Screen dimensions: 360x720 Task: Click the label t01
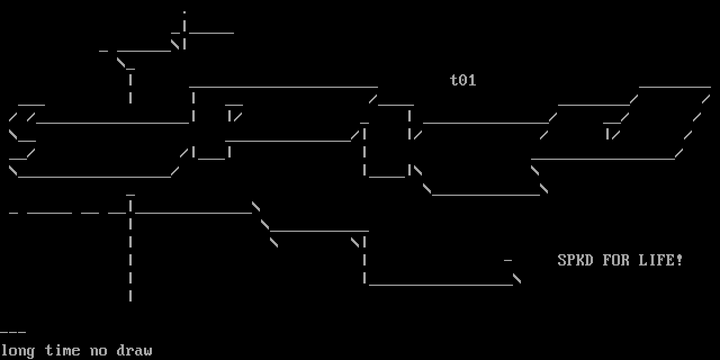coord(463,80)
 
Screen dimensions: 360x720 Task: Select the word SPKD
coord(575,260)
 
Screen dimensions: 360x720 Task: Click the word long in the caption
coord(17,351)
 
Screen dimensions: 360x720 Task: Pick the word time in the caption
coord(62,350)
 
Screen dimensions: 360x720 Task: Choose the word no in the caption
coord(98,351)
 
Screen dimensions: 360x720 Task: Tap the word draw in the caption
coord(134,350)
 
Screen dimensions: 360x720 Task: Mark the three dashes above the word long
coord(13,332)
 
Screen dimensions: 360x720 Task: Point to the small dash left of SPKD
coord(508,260)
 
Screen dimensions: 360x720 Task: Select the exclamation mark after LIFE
coord(679,260)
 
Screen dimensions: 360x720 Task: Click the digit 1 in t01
coord(472,80)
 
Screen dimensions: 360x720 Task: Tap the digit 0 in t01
coord(463,80)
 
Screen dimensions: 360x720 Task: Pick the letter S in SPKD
coord(562,260)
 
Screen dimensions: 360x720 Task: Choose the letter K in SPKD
coord(580,260)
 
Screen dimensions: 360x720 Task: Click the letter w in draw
coord(148,351)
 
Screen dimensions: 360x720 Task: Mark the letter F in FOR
coord(607,260)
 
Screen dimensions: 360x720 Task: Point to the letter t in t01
coord(454,80)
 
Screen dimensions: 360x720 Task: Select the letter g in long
coord(31,352)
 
